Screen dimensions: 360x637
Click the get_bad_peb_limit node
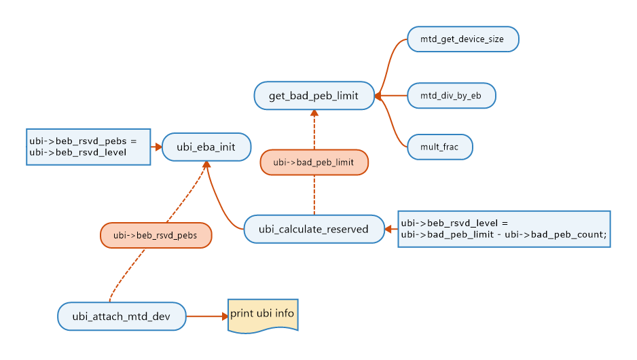(x=315, y=95)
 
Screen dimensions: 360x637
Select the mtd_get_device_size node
(x=462, y=39)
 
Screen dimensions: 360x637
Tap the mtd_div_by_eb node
(x=451, y=96)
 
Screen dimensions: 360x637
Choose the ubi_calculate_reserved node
(x=313, y=229)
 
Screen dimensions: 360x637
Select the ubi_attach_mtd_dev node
(x=122, y=316)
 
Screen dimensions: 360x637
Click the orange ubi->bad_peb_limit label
(x=314, y=162)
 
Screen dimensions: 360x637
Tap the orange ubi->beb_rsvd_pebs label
(x=156, y=236)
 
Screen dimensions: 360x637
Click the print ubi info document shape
(x=262, y=314)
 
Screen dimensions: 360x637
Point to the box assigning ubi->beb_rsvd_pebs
(x=88, y=146)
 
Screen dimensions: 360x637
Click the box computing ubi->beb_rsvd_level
(x=503, y=229)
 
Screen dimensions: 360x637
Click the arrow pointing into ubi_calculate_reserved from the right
(x=391, y=229)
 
